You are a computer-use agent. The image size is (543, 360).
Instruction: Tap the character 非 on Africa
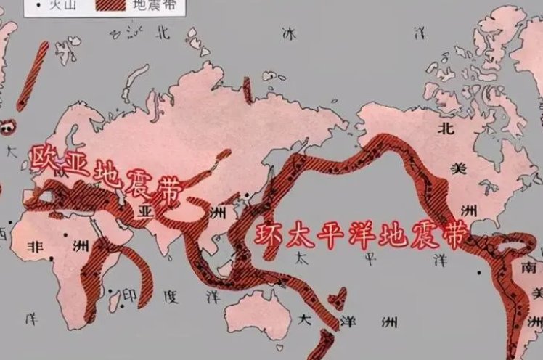(x=34, y=247)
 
